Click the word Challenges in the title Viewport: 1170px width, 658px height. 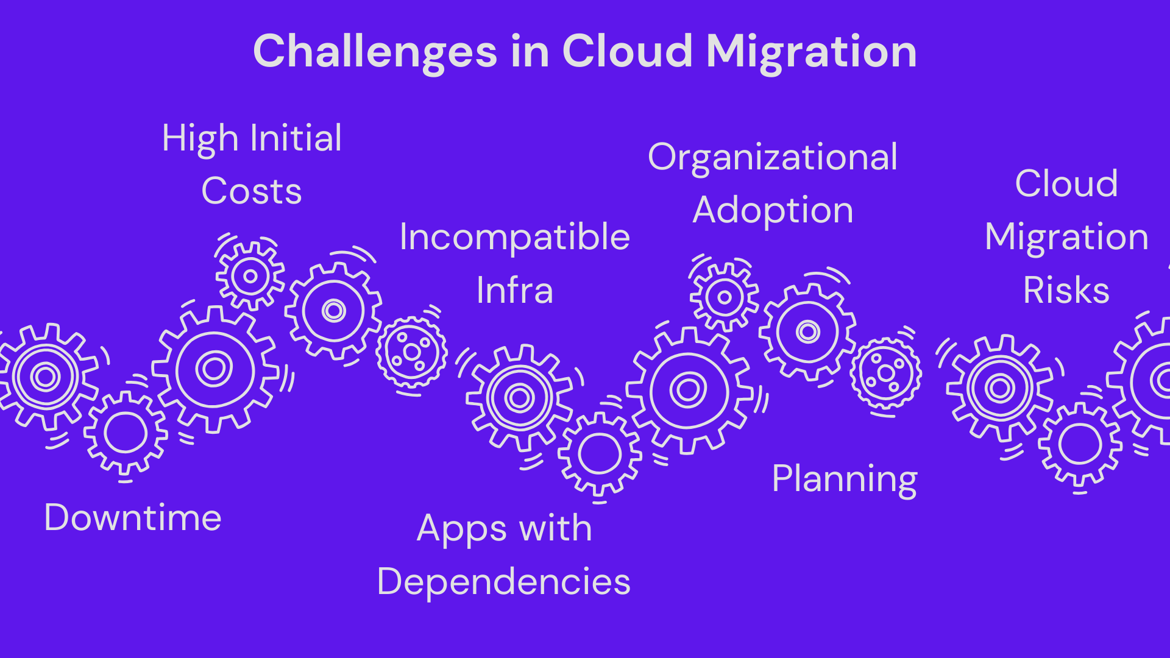[375, 52]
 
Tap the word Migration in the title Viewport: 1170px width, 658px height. [811, 52]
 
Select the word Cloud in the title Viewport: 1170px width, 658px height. [627, 51]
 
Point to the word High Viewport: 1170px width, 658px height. [200, 139]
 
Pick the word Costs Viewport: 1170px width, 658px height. [251, 191]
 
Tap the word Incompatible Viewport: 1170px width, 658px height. [514, 237]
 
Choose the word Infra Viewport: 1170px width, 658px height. [514, 290]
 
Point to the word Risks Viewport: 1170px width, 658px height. [1066, 290]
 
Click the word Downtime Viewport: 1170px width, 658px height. [133, 518]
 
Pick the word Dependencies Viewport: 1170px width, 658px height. [503, 581]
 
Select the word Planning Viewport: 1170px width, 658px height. [844, 479]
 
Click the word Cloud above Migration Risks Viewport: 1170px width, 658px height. [1066, 183]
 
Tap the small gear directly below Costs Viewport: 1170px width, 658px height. [250, 276]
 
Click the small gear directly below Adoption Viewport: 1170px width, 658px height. [724, 297]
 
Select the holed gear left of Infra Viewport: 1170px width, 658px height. [411, 352]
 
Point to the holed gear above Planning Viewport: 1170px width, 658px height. [885, 373]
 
